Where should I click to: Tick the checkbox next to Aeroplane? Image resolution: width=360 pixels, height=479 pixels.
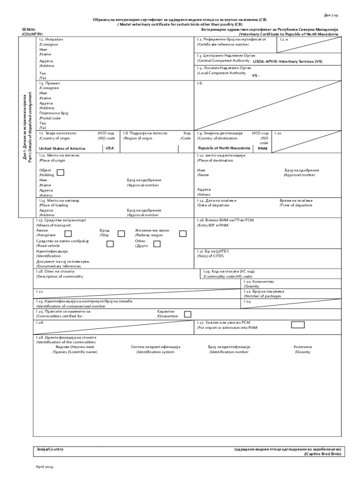pyautogui.click(x=68, y=233)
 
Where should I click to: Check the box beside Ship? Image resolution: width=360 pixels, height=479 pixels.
pyautogui.click(x=121, y=233)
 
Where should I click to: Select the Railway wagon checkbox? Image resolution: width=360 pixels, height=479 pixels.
pyautogui.click(x=183, y=233)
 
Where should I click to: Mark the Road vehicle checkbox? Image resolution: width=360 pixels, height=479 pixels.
pyautogui.click(x=110, y=244)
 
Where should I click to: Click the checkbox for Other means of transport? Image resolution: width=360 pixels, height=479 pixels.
pyautogui.click(x=157, y=244)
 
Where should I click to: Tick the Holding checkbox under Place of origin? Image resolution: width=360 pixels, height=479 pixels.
pyautogui.click(x=60, y=173)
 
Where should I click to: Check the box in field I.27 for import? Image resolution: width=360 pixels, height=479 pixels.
pyautogui.click(x=297, y=325)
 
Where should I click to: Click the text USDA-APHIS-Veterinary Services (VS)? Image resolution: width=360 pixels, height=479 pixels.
pyautogui.click(x=287, y=61)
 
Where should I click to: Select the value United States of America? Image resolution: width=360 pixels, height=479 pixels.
pyautogui.click(x=62, y=148)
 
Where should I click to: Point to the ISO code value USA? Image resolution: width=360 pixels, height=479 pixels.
pyautogui.click(x=110, y=148)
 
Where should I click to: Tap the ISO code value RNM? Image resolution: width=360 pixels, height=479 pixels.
pyautogui.click(x=263, y=148)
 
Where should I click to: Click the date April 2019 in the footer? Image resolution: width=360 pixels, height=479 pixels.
pyautogui.click(x=45, y=467)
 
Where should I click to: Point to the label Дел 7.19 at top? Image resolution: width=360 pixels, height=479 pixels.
pyautogui.click(x=331, y=15)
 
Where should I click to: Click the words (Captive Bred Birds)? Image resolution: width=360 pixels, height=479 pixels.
pyautogui.click(x=323, y=454)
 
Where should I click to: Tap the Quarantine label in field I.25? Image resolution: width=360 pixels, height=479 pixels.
pyautogui.click(x=167, y=316)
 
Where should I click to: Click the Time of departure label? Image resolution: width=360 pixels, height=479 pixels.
pyautogui.click(x=296, y=205)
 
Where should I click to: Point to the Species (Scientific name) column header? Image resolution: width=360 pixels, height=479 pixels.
pyautogui.click(x=75, y=352)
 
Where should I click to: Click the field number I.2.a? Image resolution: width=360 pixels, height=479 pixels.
pyautogui.click(x=284, y=40)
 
